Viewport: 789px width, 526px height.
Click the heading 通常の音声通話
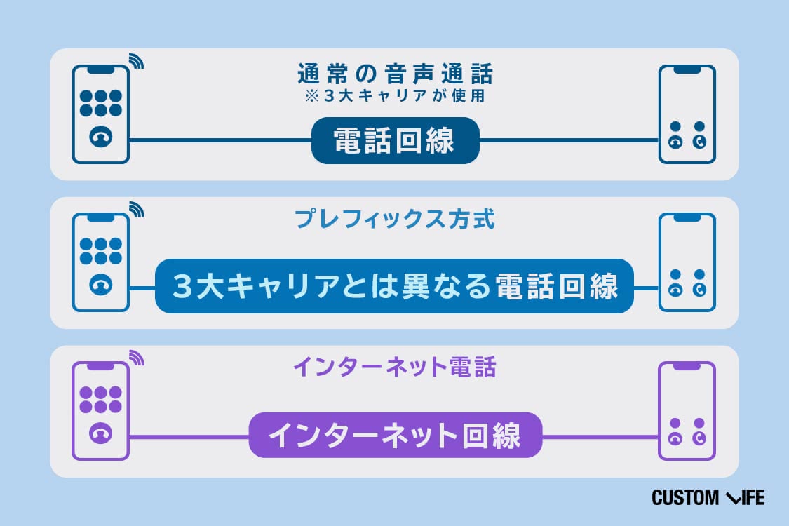tap(395, 74)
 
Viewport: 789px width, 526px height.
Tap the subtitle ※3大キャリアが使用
tap(395, 95)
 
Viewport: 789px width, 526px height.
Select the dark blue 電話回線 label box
tap(395, 140)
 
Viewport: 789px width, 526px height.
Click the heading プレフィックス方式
tap(395, 220)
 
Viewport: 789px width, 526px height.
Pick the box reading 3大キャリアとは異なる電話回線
tap(394, 286)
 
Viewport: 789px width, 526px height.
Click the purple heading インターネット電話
tap(395, 367)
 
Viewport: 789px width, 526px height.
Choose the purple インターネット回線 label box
tap(396, 435)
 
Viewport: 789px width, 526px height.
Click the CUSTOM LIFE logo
tap(708, 498)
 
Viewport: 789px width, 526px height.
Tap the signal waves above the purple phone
tap(137, 358)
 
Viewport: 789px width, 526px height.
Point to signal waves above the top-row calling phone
tap(137, 61)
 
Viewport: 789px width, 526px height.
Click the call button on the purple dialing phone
tap(100, 433)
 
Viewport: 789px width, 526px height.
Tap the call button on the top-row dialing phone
tap(100, 137)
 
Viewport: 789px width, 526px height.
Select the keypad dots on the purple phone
tap(100, 400)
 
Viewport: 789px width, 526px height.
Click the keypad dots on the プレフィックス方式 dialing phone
tap(100, 251)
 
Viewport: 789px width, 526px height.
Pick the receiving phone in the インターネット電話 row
tap(687, 411)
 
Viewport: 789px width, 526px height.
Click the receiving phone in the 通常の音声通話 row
tap(687, 114)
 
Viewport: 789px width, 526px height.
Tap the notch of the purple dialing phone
tap(100, 366)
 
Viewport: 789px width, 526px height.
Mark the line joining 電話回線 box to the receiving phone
tap(569, 140)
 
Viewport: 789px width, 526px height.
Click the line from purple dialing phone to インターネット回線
tap(189, 437)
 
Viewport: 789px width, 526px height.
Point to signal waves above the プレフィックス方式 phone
tap(137, 210)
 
